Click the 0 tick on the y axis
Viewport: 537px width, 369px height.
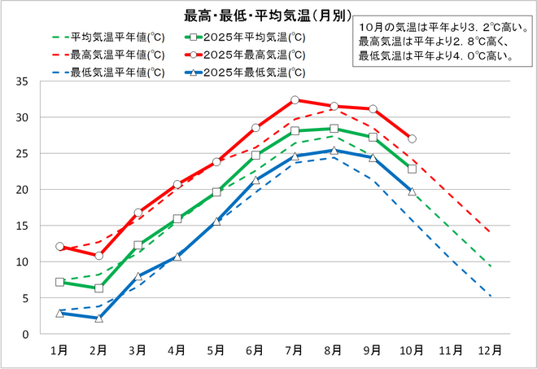point(26,334)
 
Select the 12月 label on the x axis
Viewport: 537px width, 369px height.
point(491,350)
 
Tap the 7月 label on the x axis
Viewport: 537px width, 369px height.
point(295,350)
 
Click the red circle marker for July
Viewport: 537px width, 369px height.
point(295,100)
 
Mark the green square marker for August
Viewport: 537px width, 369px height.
point(334,129)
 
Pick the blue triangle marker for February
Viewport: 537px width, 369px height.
point(98,318)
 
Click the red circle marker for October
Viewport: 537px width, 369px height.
point(412,138)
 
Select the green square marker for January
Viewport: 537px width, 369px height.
point(59,282)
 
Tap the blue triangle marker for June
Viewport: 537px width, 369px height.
point(255,180)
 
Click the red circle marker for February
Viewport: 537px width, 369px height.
point(98,256)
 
